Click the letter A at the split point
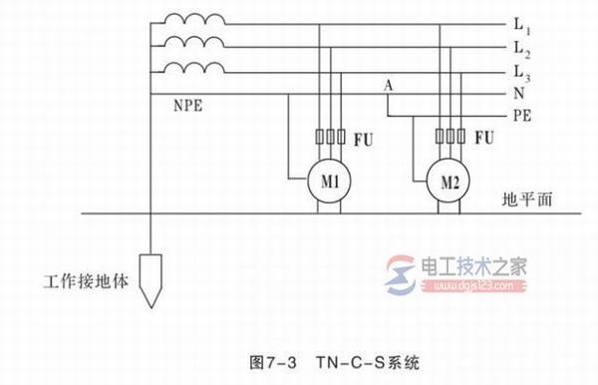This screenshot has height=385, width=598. coord(388,88)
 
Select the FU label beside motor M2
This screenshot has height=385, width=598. coord(485,137)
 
